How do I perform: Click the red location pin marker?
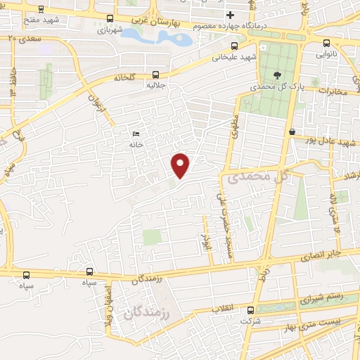(181, 165)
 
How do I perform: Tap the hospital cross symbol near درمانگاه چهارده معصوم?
(230, 15)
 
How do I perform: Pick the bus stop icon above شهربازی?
(109, 19)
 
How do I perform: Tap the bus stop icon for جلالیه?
(155, 75)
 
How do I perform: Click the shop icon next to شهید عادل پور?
(292, 131)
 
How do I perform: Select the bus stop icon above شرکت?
(250, 310)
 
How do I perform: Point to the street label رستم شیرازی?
(323, 297)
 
